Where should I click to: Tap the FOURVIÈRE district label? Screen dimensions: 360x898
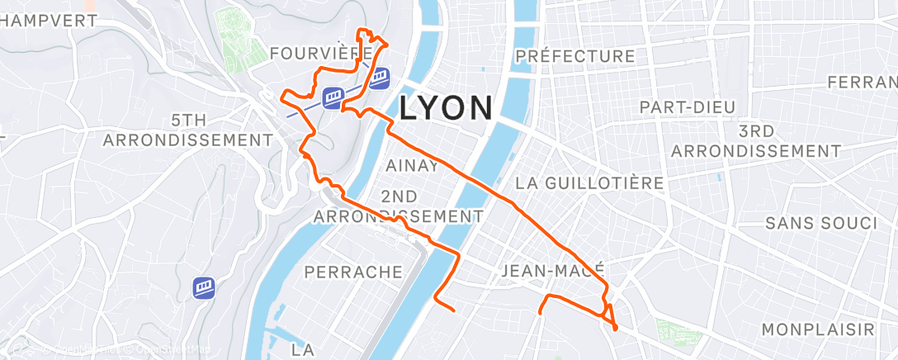(x=320, y=54)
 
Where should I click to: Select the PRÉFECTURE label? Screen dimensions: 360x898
(x=574, y=56)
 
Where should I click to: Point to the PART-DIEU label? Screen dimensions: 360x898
(x=687, y=107)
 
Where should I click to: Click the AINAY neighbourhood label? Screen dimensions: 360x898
(x=413, y=165)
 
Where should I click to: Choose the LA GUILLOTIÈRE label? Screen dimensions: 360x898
(x=588, y=182)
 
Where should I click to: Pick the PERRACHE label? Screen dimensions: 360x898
(x=353, y=272)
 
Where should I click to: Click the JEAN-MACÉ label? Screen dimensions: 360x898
(x=553, y=270)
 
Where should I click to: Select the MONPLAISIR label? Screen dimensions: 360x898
(x=817, y=329)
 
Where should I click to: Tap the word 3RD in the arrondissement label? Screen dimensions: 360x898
(x=755, y=131)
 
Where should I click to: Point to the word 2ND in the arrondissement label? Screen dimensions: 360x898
(x=399, y=196)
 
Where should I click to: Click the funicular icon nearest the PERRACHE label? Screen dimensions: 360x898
(x=204, y=288)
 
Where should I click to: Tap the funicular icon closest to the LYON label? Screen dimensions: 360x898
(x=379, y=78)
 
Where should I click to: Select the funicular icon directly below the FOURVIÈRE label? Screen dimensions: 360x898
(x=333, y=97)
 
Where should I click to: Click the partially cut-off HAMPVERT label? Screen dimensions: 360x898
(x=48, y=20)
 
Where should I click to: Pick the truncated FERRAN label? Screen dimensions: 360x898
(x=862, y=83)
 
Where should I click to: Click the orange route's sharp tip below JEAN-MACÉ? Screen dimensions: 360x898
(x=616, y=329)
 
